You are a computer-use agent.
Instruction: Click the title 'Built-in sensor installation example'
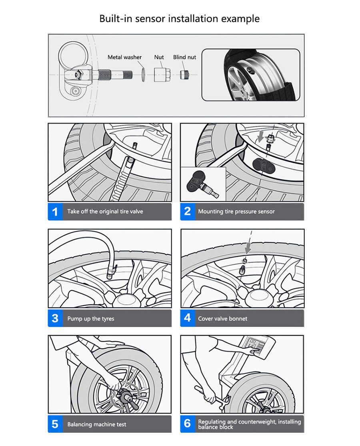180,18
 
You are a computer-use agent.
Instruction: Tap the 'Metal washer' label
124,57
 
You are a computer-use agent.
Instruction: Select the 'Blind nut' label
184,57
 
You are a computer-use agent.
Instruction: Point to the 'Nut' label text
159,57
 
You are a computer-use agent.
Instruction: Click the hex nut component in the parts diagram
162,74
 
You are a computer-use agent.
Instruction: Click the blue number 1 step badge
55,212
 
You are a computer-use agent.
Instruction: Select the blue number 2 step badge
187,212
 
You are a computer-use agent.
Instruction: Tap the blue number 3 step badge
55,318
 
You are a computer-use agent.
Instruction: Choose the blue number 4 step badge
187,318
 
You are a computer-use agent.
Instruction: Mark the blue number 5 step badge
55,424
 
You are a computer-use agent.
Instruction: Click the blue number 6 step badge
187,424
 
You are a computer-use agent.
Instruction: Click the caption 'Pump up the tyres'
90,319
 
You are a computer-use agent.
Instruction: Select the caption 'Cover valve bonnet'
222,319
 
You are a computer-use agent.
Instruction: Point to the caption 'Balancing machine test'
96,424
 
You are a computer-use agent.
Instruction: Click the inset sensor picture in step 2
203,184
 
